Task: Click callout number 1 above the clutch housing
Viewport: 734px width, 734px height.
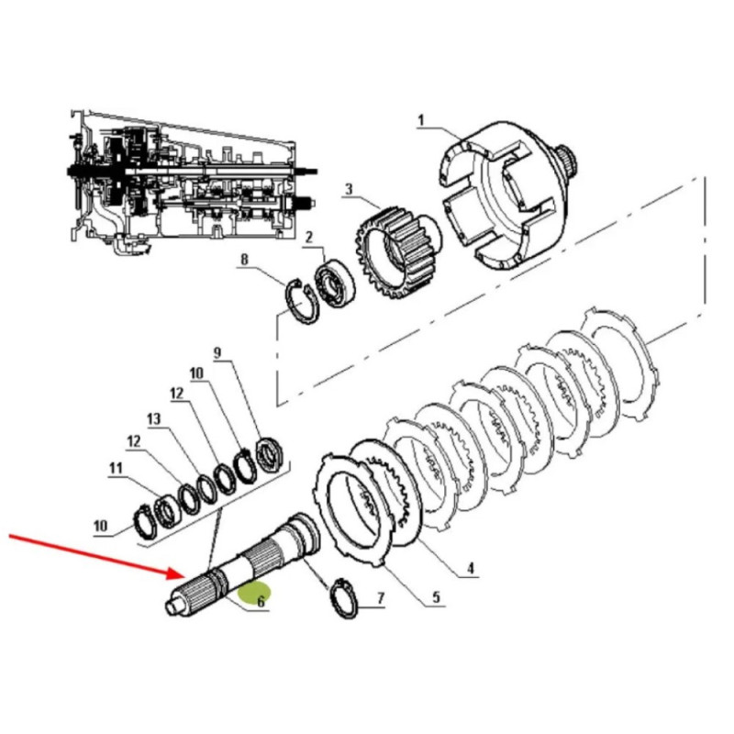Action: tap(421, 119)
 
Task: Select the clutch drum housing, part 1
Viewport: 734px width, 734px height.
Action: tap(509, 197)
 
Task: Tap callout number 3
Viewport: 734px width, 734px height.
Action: tap(349, 190)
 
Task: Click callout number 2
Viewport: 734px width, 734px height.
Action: tap(310, 237)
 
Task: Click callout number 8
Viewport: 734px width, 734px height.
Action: tap(244, 260)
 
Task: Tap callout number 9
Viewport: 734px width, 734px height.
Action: tap(217, 352)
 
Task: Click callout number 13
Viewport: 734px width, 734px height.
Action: tap(153, 418)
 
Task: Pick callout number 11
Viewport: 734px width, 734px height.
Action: tap(116, 469)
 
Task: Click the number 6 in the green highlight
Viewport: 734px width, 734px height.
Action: tap(261, 602)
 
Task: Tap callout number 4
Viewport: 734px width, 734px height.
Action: tap(469, 569)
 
